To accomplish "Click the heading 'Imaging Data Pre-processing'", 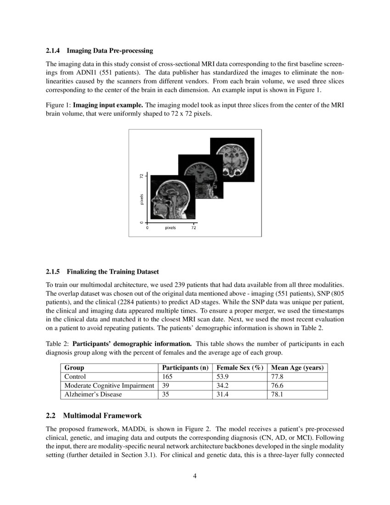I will (x=110, y=50).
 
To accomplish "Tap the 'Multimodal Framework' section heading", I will (x=102, y=416).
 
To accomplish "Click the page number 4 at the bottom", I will (x=195, y=476).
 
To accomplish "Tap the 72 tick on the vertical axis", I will (x=142, y=176).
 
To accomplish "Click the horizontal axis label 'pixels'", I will (x=170, y=228).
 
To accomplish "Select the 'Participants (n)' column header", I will (x=185, y=368).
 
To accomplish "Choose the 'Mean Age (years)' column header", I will (x=297, y=368).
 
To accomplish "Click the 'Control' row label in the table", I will (x=75, y=376).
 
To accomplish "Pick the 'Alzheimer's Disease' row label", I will (x=93, y=394).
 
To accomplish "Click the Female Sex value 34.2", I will (x=223, y=386).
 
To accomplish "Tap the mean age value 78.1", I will (x=277, y=394).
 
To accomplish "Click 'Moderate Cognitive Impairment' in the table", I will (x=109, y=386).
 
